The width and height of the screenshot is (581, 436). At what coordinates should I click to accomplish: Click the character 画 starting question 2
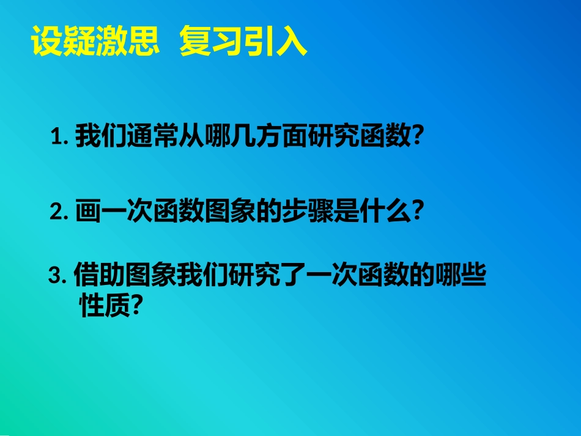86,212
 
